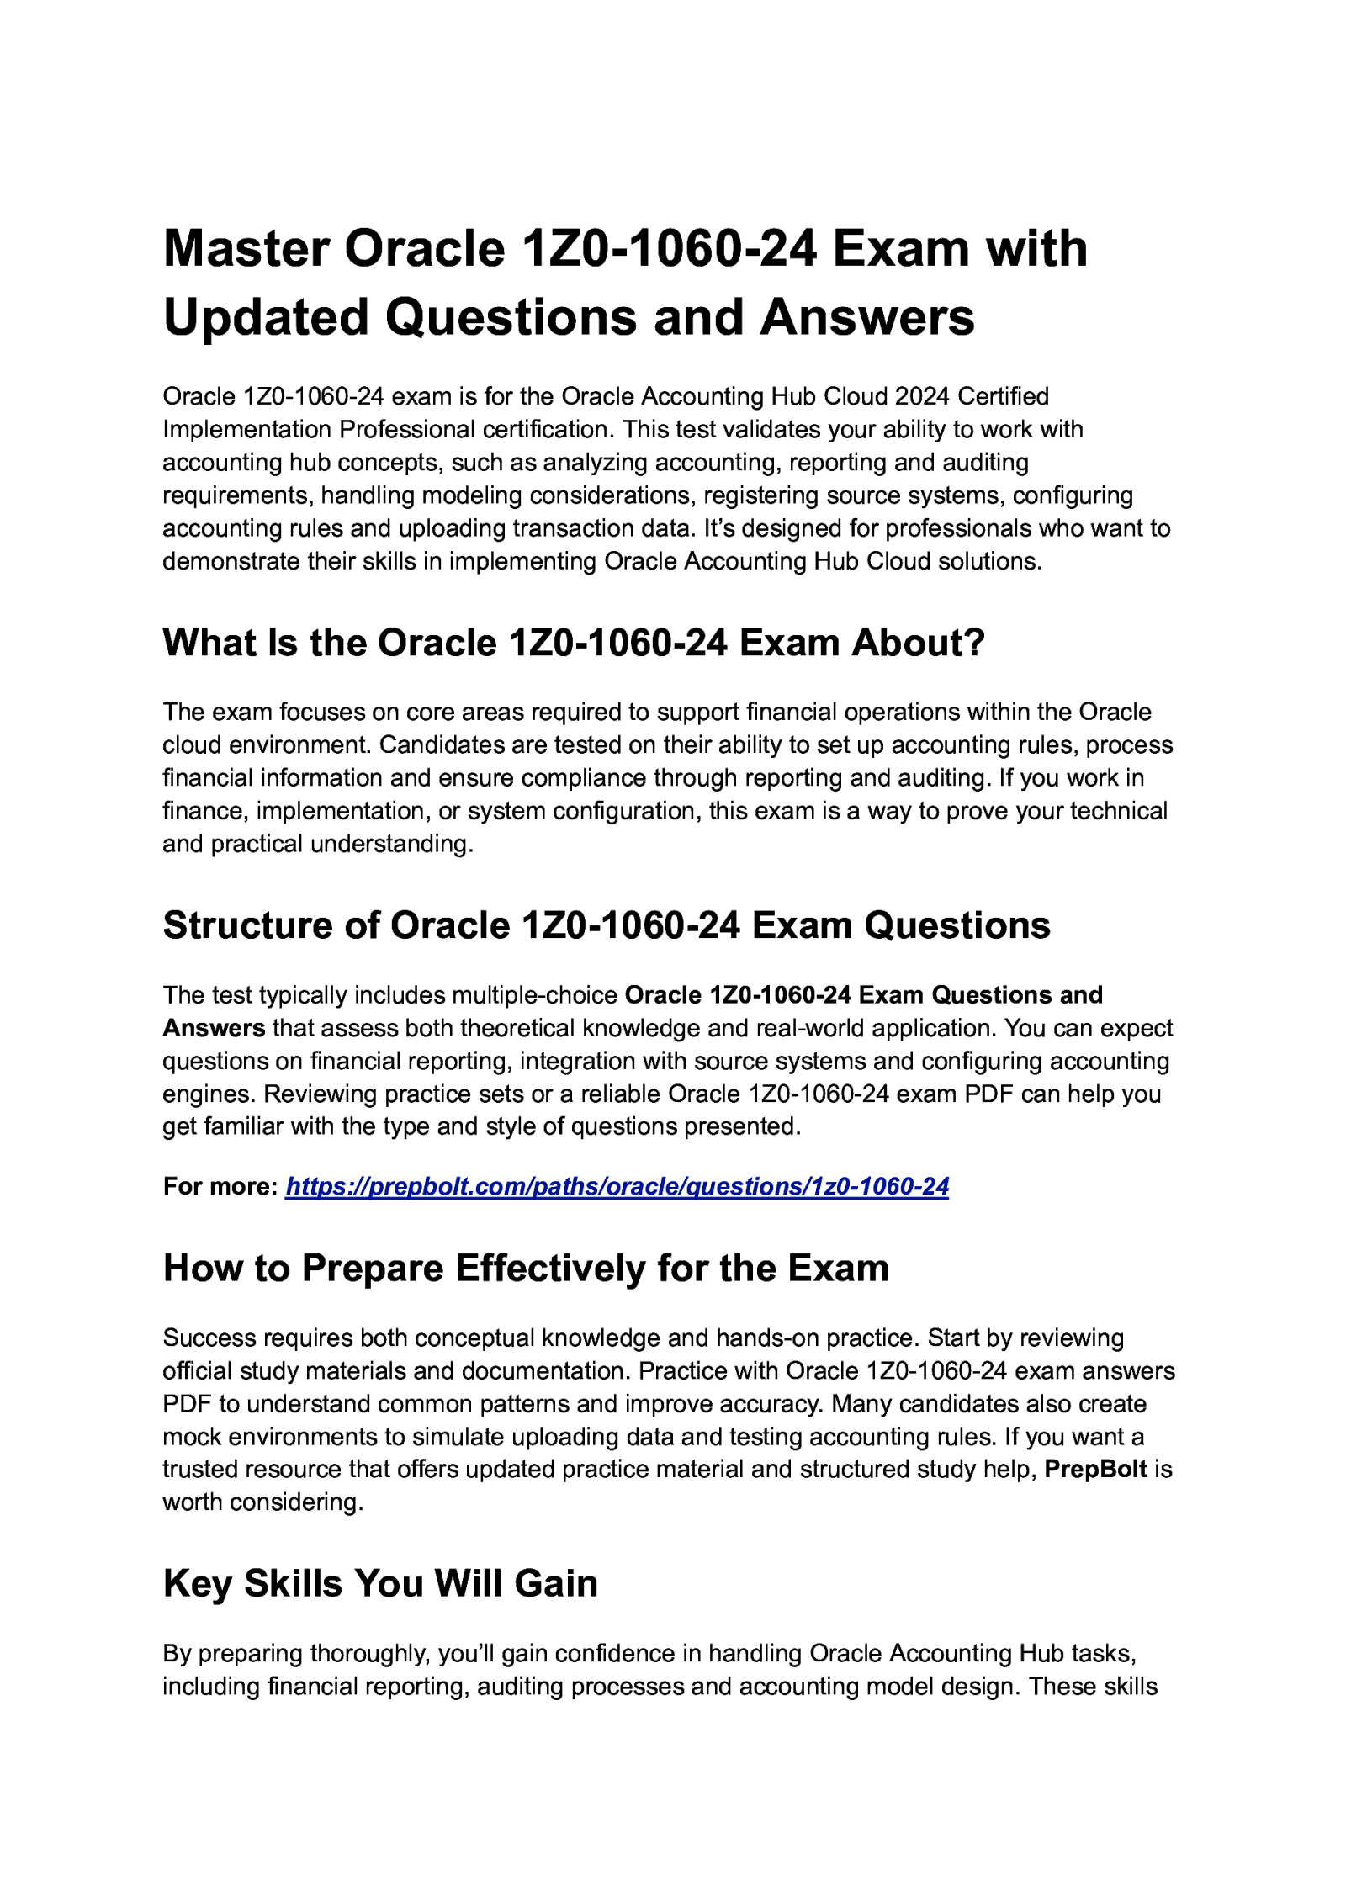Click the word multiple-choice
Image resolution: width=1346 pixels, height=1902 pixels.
click(x=534, y=995)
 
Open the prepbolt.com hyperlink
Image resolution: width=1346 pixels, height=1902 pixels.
click(x=617, y=1187)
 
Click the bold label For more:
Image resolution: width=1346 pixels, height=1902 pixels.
click(x=220, y=1187)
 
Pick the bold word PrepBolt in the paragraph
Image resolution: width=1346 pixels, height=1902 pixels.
click(x=1095, y=1470)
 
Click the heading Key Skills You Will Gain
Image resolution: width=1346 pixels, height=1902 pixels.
click(x=379, y=1584)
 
